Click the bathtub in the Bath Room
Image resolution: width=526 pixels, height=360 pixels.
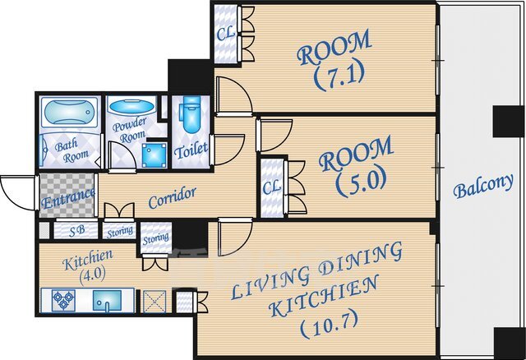pyautogui.click(x=70, y=113)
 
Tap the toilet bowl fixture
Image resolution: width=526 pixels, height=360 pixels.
pyautogui.click(x=191, y=114)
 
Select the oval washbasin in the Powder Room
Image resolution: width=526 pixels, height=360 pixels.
pyautogui.click(x=131, y=106)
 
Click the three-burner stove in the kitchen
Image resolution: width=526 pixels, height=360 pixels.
pyautogui.click(x=63, y=300)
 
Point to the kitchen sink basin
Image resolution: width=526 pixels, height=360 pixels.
pyautogui.click(x=107, y=301)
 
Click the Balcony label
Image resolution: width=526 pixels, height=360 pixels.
pyautogui.click(x=483, y=186)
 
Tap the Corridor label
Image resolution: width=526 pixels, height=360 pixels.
pyautogui.click(x=172, y=197)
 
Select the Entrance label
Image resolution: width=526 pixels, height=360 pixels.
pyautogui.click(x=68, y=198)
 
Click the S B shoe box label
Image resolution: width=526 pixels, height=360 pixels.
pyautogui.click(x=76, y=231)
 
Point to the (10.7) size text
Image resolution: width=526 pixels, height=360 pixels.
pyautogui.click(x=329, y=325)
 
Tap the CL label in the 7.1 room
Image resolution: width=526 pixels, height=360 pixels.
pyautogui.click(x=225, y=33)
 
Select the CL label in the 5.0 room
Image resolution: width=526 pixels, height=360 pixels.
pyautogui.click(x=271, y=187)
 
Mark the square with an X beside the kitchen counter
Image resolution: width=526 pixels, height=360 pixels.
pyautogui.click(x=155, y=302)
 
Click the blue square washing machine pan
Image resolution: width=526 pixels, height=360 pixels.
pyautogui.click(x=154, y=155)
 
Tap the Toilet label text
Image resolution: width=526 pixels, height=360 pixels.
pyautogui.click(x=191, y=150)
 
